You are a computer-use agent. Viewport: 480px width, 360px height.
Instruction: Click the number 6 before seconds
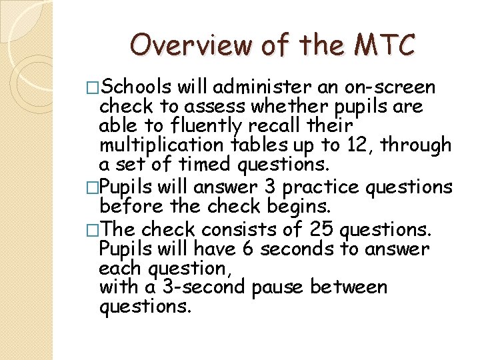(246, 249)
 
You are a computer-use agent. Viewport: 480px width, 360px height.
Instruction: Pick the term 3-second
(193, 287)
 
